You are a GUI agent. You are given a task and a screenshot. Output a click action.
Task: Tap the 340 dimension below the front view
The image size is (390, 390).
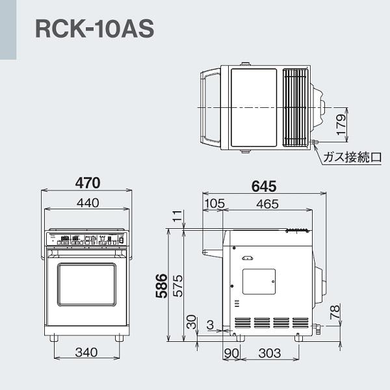[86, 352]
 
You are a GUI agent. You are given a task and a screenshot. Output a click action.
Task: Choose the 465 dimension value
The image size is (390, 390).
[266, 203]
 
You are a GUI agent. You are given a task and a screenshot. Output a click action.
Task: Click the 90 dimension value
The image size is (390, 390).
[231, 353]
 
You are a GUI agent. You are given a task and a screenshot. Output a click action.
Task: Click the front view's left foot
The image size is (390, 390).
[54, 338]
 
